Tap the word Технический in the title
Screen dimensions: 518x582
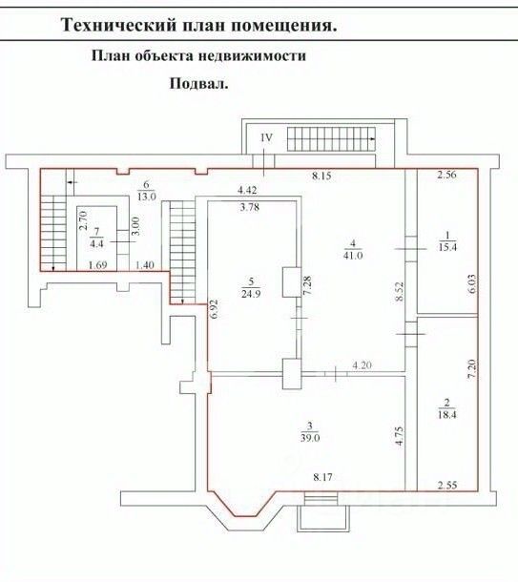117,26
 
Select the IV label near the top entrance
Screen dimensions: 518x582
266,138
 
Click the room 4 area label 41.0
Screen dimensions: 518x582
353,255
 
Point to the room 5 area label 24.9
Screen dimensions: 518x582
251,295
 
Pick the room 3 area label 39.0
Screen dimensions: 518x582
310,438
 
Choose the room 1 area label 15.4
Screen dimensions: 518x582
447,247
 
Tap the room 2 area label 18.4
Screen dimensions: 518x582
446,415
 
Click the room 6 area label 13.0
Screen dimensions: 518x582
147,197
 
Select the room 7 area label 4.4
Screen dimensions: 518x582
97,243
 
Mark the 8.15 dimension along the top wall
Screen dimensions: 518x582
321,176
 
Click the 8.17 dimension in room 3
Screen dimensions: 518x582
322,477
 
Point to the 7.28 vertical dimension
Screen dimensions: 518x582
307,285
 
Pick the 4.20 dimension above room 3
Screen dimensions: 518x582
362,364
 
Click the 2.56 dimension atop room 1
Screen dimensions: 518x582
446,175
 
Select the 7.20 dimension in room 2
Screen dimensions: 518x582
471,368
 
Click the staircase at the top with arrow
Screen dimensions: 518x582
331,138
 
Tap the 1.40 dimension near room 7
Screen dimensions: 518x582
145,265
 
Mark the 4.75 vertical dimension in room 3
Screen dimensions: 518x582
400,436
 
